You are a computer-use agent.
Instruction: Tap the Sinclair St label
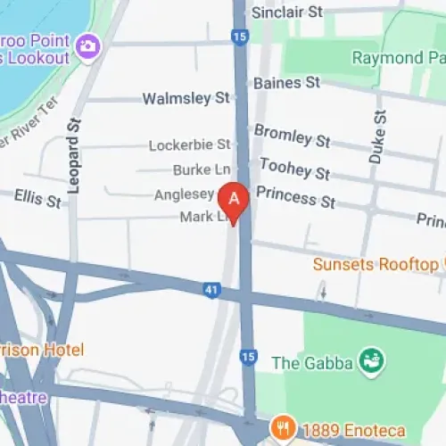[x=286, y=12]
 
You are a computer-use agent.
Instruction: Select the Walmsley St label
[x=186, y=97]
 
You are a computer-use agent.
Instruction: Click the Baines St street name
[x=286, y=82]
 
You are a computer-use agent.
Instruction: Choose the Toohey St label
[x=293, y=167]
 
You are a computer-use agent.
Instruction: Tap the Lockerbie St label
[x=189, y=145]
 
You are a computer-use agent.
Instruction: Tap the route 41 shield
[x=233, y=289]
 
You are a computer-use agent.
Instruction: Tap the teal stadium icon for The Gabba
[x=371, y=360]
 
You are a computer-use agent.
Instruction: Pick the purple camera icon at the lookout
[x=87, y=45]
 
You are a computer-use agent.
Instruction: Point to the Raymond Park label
[x=398, y=59]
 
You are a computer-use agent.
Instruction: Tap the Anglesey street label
[x=185, y=194]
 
